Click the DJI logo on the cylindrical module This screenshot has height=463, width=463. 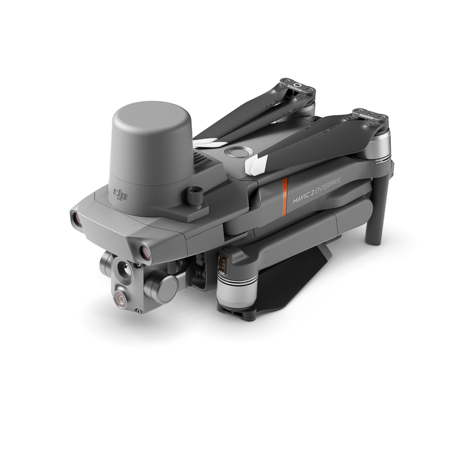(x=121, y=195)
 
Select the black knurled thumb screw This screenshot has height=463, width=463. (x=194, y=196)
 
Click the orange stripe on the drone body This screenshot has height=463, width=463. (x=284, y=196)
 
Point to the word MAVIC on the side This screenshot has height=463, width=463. (x=300, y=198)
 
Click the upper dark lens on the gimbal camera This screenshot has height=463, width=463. (x=124, y=269)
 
